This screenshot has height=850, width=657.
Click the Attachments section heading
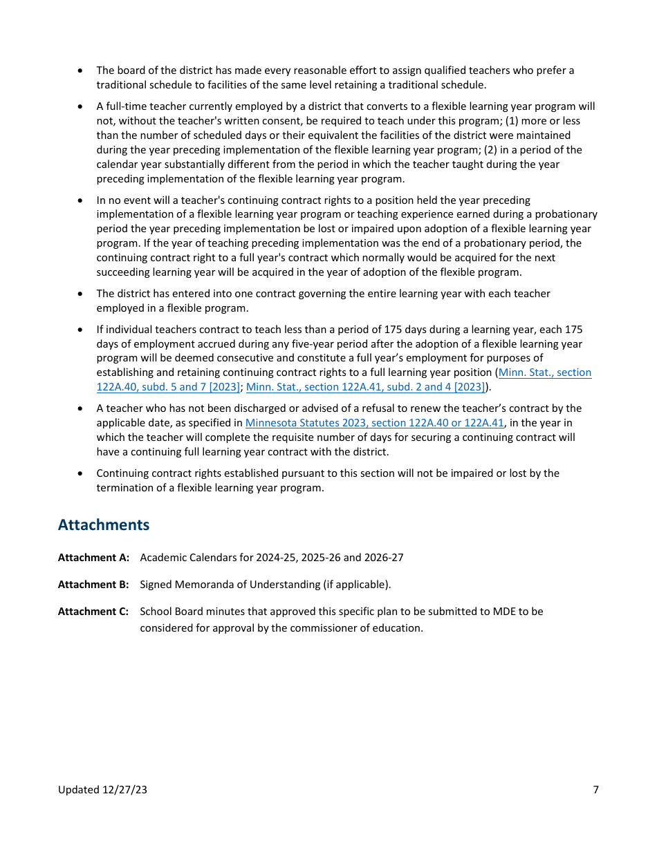[104, 525]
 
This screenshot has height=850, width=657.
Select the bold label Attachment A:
[93, 558]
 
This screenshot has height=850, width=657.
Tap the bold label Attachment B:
[93, 585]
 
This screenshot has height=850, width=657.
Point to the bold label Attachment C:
[93, 612]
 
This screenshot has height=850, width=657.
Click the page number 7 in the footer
[595, 790]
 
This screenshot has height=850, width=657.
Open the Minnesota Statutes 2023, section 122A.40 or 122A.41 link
[374, 423]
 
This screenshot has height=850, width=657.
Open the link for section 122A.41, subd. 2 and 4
[365, 387]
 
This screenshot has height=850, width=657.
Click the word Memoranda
[199, 585]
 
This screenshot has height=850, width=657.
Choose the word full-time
[122, 106]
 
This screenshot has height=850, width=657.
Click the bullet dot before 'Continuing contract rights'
[81, 474]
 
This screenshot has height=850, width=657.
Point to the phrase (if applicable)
[356, 585]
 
